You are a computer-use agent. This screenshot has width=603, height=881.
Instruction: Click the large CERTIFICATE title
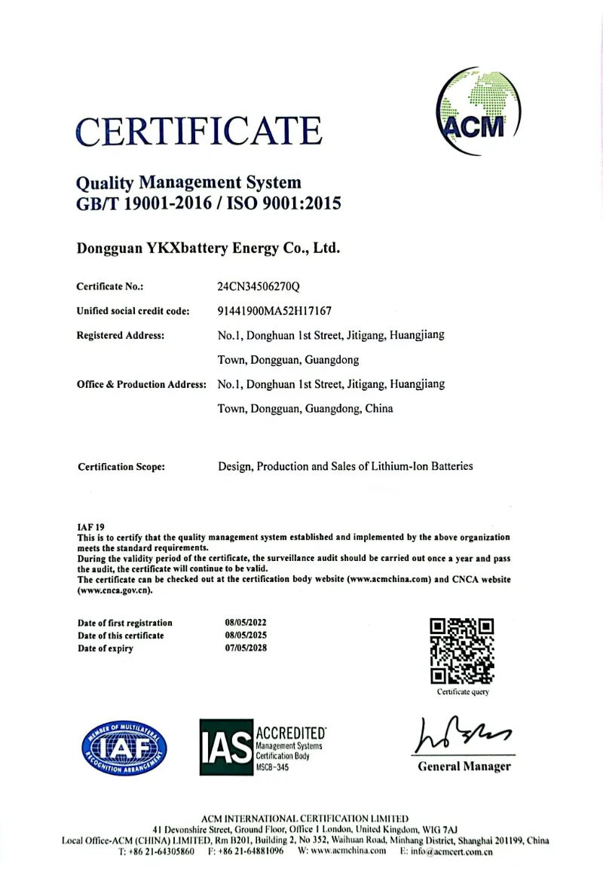pyautogui.click(x=199, y=130)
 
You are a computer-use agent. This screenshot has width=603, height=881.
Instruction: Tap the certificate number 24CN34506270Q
pyautogui.click(x=259, y=286)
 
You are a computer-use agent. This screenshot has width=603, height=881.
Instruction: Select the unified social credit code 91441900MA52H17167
pyautogui.click(x=274, y=310)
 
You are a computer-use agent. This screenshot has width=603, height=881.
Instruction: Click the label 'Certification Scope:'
pyautogui.click(x=121, y=467)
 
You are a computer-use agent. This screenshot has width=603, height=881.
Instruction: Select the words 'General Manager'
pyautogui.click(x=464, y=767)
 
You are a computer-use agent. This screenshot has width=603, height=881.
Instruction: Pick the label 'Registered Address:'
pyautogui.click(x=121, y=335)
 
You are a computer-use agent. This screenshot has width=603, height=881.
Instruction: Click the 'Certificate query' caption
pyautogui.click(x=463, y=691)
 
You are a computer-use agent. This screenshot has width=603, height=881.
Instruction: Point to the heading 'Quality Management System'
pyautogui.click(x=189, y=182)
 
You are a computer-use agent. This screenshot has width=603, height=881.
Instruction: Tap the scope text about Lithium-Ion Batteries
pyautogui.click(x=345, y=466)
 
